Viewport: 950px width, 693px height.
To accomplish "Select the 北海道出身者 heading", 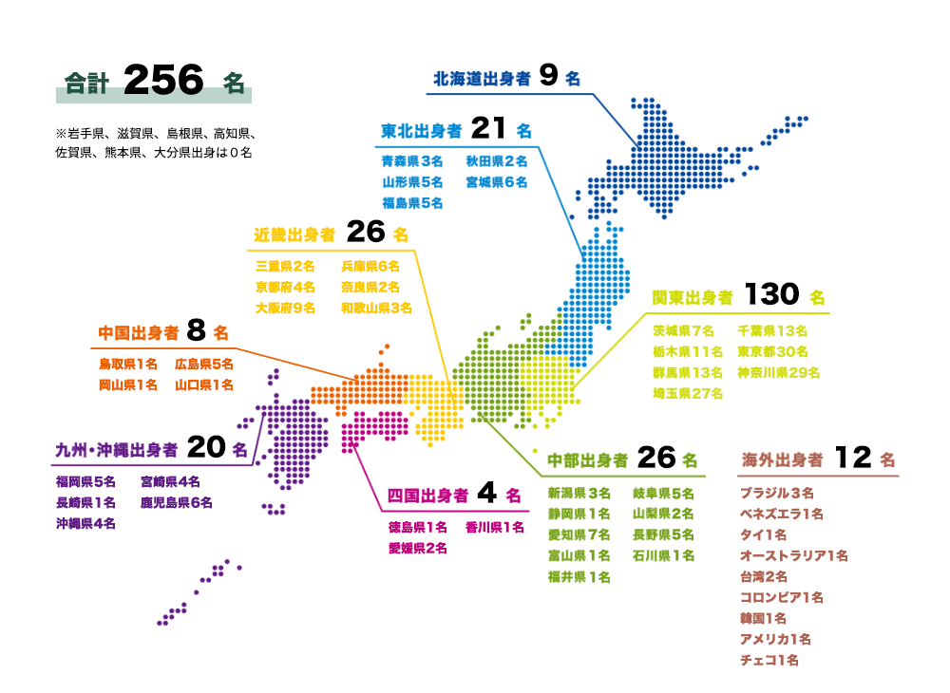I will pos(482,79).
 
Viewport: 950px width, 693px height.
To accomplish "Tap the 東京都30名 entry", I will pos(771,351).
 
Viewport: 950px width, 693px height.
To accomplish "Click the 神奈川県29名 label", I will pos(778,372).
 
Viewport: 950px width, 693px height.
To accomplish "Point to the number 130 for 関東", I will pos(771,295).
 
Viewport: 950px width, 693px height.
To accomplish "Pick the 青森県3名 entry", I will pos(412,161).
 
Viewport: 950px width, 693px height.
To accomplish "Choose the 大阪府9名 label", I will pos(285,308).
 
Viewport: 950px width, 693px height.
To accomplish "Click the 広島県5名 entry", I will pos(204,364).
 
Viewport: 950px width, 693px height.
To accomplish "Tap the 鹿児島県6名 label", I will pos(177,502).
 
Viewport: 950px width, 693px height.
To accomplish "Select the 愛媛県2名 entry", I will pos(417,548).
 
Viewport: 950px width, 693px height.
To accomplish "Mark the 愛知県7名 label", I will pos(579,534).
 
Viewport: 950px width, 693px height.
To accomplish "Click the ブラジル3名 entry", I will pos(776,493).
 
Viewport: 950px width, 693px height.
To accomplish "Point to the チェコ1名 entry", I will pos(769,660).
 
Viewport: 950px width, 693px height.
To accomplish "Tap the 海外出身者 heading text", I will pos(782,460).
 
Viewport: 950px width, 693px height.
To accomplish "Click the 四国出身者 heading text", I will pos(427,496).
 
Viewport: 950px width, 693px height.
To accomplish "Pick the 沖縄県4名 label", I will pos(85,523).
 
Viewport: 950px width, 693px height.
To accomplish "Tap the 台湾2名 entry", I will pos(763,576).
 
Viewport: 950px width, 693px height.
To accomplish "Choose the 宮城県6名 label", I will pos(496,182).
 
